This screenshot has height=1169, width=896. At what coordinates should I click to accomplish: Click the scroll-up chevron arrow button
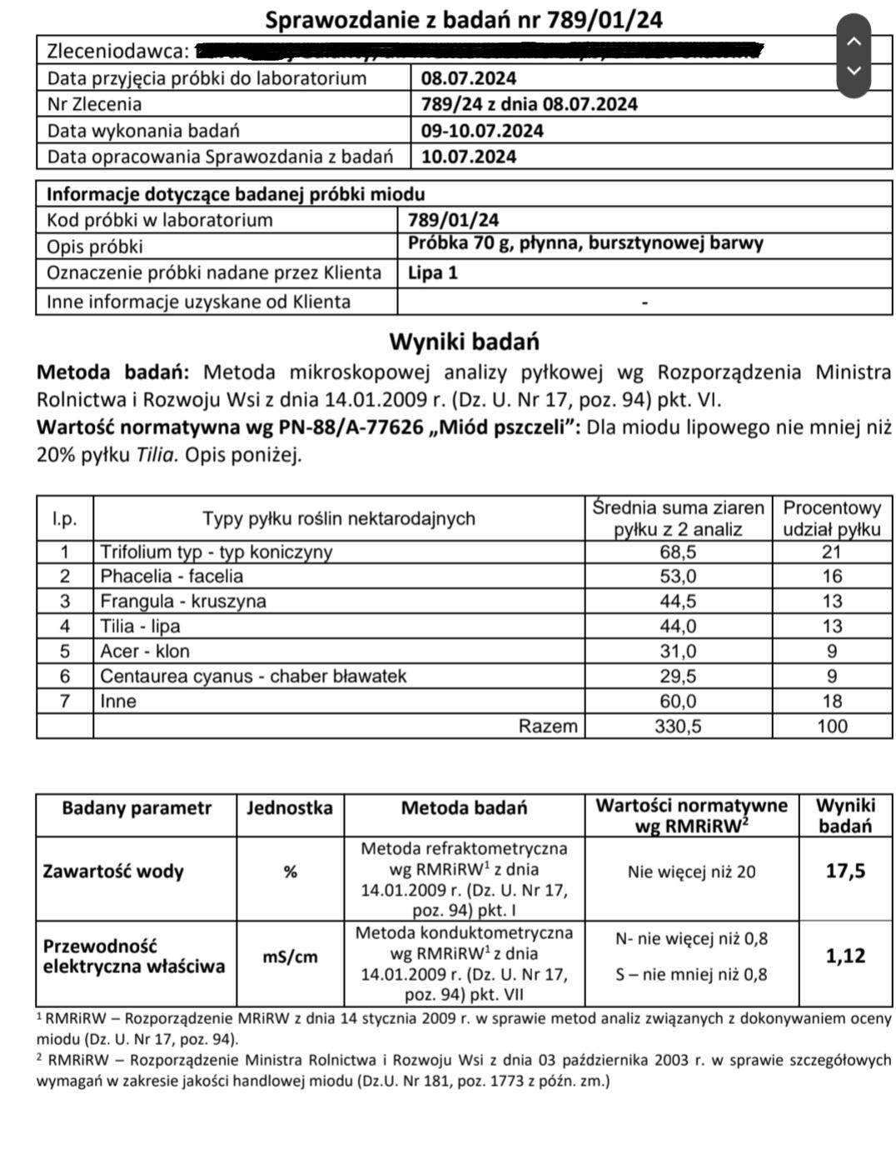click(x=854, y=40)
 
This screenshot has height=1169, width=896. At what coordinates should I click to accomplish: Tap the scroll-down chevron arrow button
click(x=854, y=71)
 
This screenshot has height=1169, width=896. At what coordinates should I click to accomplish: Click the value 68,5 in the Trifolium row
click(x=678, y=552)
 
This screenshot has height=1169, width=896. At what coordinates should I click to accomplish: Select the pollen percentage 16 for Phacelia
click(x=831, y=577)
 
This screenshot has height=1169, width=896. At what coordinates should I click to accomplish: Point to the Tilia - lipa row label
click(x=140, y=627)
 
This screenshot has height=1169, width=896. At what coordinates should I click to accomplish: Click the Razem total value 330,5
click(x=678, y=727)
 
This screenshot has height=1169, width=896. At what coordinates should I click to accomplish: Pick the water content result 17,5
click(x=845, y=872)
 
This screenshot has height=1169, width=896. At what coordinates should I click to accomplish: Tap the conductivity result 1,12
click(x=845, y=956)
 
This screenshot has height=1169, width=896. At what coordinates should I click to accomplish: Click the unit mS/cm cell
click(x=290, y=957)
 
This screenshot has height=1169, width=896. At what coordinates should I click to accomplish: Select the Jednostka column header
click(x=290, y=807)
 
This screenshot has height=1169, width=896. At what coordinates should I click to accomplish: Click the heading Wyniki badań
click(x=464, y=342)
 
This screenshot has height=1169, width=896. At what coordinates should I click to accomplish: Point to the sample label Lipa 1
click(x=433, y=273)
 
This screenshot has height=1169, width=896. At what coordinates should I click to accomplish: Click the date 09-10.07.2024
click(x=482, y=131)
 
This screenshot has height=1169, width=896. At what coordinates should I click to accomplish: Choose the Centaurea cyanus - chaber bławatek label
click(x=253, y=677)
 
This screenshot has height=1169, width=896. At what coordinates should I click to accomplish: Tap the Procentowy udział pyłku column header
click(x=832, y=518)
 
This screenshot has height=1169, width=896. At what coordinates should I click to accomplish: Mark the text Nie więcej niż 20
click(x=691, y=872)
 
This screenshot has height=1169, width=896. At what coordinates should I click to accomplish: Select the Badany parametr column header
click(x=137, y=807)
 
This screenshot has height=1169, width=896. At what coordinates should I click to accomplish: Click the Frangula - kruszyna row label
click(x=183, y=602)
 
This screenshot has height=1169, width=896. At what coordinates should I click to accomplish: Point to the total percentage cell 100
click(x=832, y=727)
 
